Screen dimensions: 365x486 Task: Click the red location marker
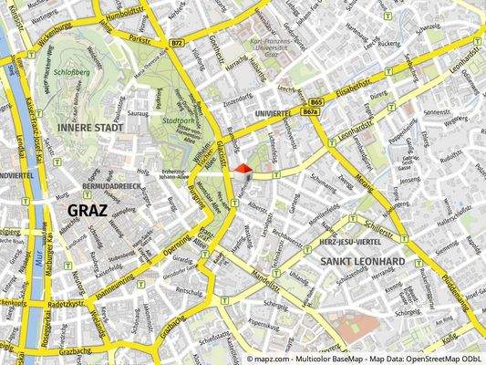(242, 168)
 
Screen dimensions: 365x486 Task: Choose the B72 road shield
(177, 43)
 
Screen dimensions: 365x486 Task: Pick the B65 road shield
(316, 102)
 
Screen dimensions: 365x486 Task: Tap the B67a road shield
(310, 111)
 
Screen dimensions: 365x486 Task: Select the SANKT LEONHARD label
(363, 261)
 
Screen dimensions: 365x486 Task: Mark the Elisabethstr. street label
(354, 89)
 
